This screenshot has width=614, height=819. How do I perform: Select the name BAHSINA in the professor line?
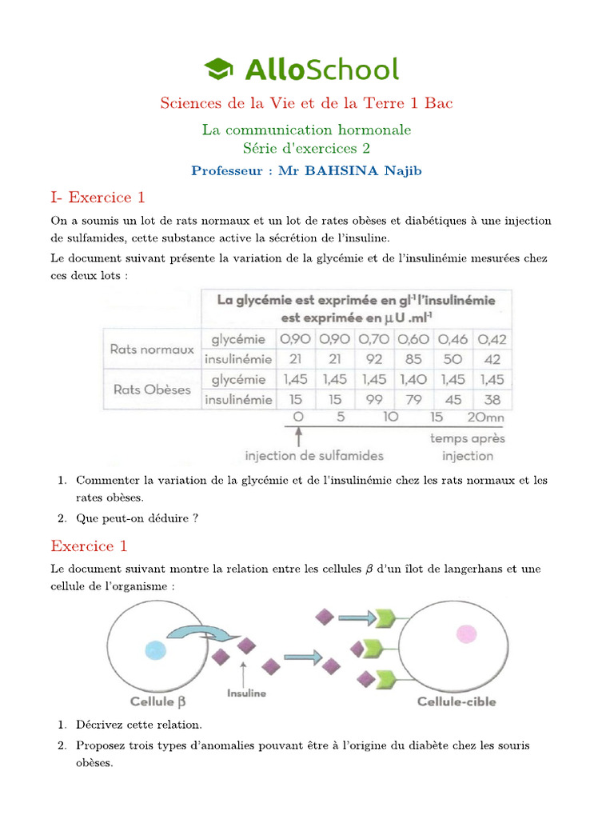pyautogui.click(x=351, y=170)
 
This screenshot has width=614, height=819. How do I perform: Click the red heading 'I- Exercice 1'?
pyautogui.click(x=98, y=198)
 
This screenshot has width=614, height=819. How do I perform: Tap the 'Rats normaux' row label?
pyautogui.click(x=152, y=350)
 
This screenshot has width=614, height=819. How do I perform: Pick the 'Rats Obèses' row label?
pyautogui.click(x=151, y=390)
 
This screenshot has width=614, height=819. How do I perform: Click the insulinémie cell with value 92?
pyautogui.click(x=374, y=359)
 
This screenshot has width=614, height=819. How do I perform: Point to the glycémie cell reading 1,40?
pyautogui.click(x=413, y=380)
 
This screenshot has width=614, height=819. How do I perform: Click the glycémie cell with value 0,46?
pyautogui.click(x=453, y=339)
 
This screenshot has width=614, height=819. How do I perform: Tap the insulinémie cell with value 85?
pyautogui.click(x=413, y=359)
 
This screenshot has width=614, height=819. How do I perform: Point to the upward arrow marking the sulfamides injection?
pyautogui.click(x=299, y=437)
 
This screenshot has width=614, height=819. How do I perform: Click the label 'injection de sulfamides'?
pyautogui.click(x=314, y=456)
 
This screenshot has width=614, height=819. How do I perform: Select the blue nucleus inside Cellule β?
pyautogui.click(x=156, y=649)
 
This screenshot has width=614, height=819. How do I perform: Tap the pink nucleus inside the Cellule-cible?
pyautogui.click(x=465, y=635)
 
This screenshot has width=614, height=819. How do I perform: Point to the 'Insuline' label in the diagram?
pyautogui.click(x=246, y=693)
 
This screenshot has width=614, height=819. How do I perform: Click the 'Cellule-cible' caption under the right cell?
pyautogui.click(x=457, y=701)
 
